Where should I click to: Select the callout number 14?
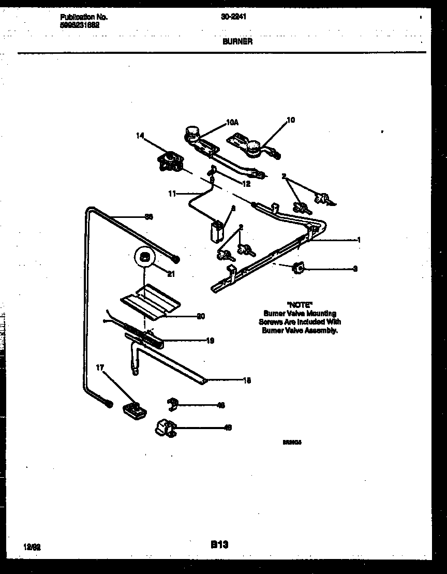coord(140,136)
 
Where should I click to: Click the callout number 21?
coord(171,274)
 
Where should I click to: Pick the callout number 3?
coord(355,269)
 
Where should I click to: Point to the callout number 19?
coord(210,341)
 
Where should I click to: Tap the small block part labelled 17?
coord(134,409)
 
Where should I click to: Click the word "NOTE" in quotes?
coord(300,305)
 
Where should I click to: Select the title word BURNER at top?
coord(237,41)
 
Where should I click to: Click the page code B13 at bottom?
coord(219,544)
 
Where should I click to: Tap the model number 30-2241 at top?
coord(233,17)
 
